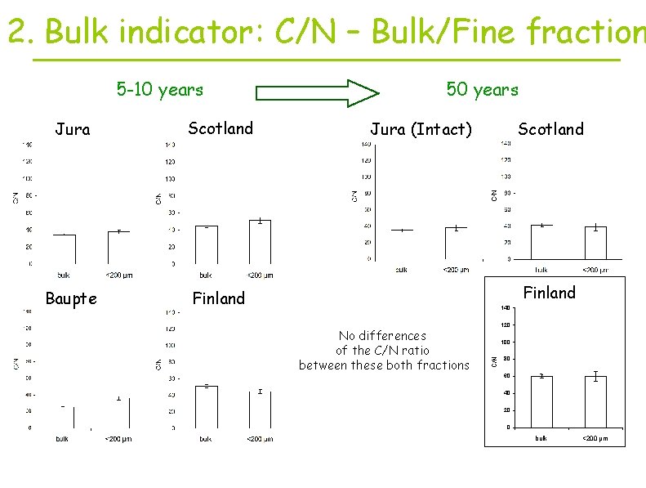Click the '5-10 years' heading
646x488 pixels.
tap(159, 89)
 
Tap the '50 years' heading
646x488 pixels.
tap(482, 89)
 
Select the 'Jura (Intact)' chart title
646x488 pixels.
tap(421, 128)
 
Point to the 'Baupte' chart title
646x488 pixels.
tap(71, 298)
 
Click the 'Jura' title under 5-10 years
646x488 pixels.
tap(72, 128)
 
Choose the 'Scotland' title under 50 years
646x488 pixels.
tap(551, 128)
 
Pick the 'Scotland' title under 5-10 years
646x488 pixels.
tap(221, 128)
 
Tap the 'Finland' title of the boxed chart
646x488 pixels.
tap(549, 292)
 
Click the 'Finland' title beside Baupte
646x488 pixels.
tap(218, 298)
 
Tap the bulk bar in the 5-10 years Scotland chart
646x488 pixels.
tap(207, 244)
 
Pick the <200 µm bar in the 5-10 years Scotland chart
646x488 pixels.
tap(259, 241)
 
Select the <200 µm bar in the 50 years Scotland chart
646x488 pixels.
tap(595, 243)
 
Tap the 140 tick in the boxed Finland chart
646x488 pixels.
tap(506, 307)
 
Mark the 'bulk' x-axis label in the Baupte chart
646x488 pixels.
tap(62, 438)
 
